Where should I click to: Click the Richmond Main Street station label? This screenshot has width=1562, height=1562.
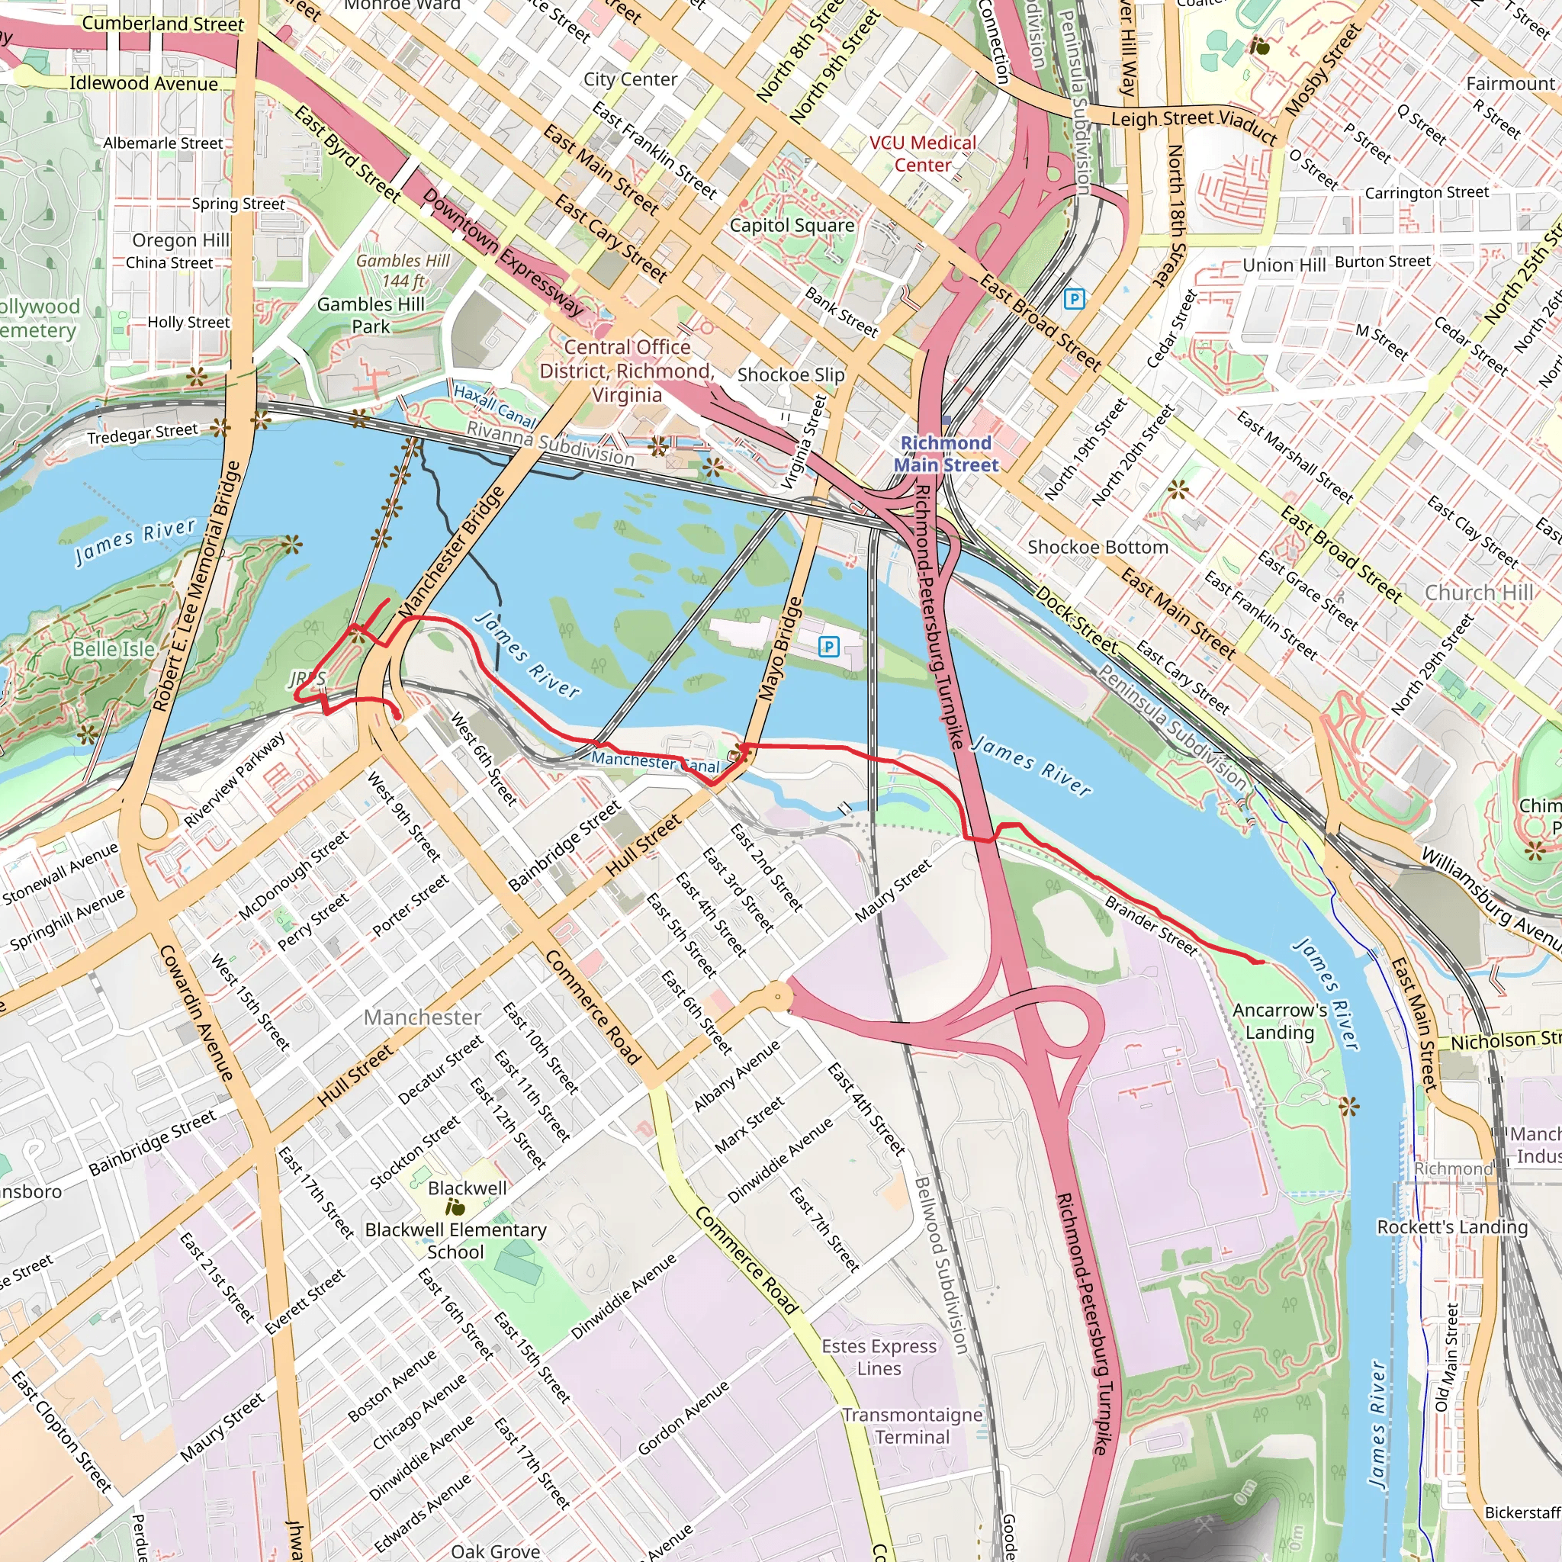945,454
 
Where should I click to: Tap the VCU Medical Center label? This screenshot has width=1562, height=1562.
923,153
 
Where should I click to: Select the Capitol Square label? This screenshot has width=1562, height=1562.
792,226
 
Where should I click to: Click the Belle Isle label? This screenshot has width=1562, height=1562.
113,649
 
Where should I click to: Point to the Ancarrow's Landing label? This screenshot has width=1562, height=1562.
1279,1021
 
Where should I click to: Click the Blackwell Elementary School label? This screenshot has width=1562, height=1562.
455,1240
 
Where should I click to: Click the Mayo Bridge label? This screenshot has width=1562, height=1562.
780,648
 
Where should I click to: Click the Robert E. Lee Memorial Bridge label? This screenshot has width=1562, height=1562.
198,587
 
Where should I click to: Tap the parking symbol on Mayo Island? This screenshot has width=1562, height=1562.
828,646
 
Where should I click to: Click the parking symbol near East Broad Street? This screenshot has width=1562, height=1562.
1074,299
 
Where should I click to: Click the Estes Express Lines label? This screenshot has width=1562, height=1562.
879,1357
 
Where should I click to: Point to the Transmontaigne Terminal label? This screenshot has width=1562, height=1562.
912,1425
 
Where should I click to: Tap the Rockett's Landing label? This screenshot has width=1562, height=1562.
1452,1226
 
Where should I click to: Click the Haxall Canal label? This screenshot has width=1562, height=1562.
495,406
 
